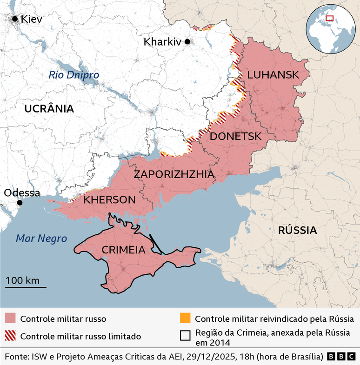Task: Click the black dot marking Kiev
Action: [15, 19]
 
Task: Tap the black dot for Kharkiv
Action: [187, 41]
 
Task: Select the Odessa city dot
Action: [20, 203]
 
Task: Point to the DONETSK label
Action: [235, 136]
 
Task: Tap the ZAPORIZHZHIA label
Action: [174, 174]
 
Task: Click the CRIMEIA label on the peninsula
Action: [124, 250]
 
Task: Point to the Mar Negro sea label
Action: [41, 239]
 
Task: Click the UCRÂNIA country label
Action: [49, 109]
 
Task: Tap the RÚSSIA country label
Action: [297, 230]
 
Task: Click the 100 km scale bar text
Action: [22, 281]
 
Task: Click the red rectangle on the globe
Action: [329, 18]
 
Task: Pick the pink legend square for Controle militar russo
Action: [10, 319]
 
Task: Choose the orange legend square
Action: [185, 319]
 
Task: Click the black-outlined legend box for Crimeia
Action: [185, 335]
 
